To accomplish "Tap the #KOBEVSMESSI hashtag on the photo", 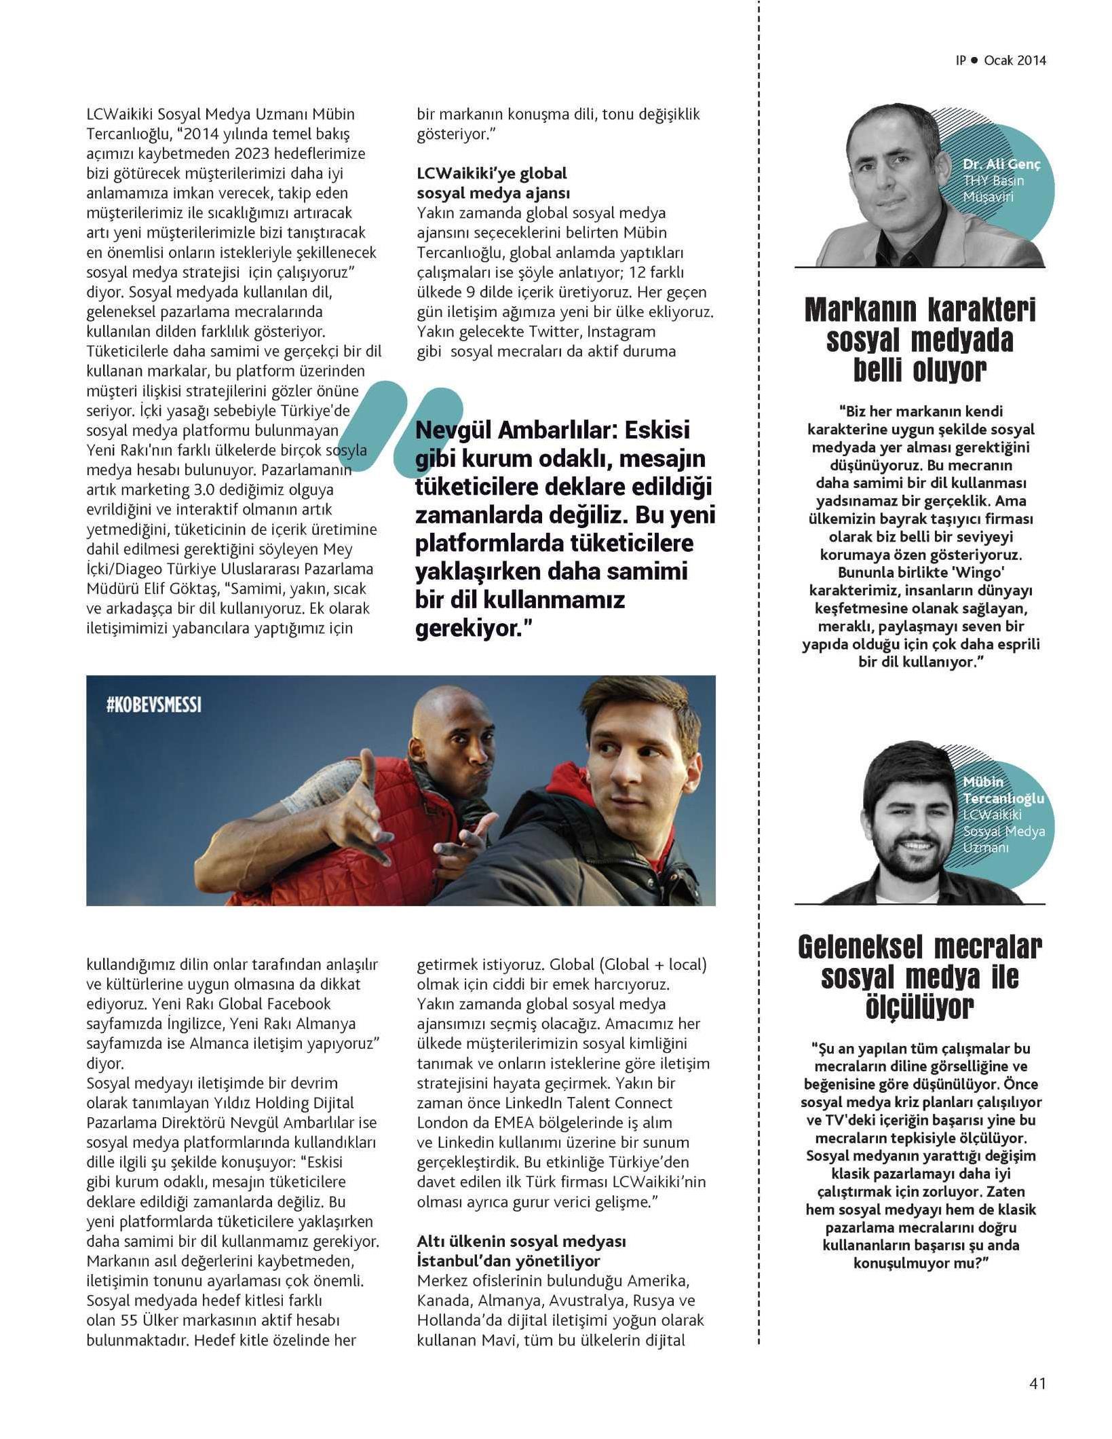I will click(154, 705).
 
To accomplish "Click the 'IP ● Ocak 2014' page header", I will click(1001, 60).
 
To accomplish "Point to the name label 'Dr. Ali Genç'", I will click(1001, 164).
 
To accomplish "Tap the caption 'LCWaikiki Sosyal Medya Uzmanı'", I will click(1003, 831).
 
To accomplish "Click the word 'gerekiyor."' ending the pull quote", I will click(471, 629).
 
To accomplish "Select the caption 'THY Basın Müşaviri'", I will click(993, 189).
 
